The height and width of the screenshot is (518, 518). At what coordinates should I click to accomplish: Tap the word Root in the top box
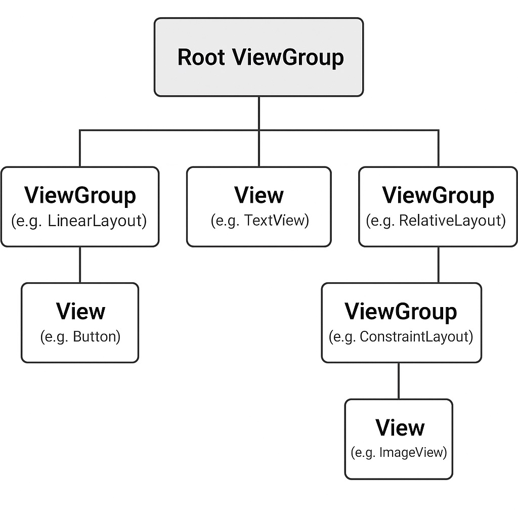(x=201, y=57)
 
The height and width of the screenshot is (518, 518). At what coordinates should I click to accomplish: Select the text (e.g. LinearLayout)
(x=79, y=221)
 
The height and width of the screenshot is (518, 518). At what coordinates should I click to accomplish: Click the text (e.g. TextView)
(x=260, y=221)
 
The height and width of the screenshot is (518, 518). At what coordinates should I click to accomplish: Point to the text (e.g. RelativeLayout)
(x=436, y=221)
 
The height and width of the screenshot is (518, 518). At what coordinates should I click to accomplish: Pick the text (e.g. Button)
(x=80, y=337)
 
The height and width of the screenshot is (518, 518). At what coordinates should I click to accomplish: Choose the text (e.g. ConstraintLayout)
(x=401, y=337)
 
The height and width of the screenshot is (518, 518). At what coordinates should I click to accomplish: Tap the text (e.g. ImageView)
(x=399, y=452)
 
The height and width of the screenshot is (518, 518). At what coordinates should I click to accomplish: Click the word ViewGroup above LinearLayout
(x=80, y=196)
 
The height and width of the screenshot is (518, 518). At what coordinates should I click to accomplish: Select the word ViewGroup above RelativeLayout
(x=438, y=196)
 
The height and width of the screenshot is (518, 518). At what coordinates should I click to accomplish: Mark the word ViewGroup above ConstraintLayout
(x=401, y=312)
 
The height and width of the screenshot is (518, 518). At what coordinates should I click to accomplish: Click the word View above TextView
(x=260, y=196)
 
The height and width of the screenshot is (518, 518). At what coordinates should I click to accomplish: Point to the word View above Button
(x=80, y=312)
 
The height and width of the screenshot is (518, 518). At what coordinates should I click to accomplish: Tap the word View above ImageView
(x=400, y=428)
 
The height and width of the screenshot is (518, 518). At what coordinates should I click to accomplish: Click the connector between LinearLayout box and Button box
(x=80, y=265)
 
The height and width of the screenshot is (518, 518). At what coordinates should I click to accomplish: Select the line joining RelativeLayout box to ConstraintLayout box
(x=438, y=265)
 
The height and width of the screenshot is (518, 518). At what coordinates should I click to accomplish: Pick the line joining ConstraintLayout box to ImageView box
(x=399, y=381)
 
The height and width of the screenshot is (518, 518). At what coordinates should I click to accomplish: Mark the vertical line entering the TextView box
(x=259, y=149)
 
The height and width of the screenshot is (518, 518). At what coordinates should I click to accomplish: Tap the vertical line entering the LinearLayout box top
(x=80, y=149)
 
